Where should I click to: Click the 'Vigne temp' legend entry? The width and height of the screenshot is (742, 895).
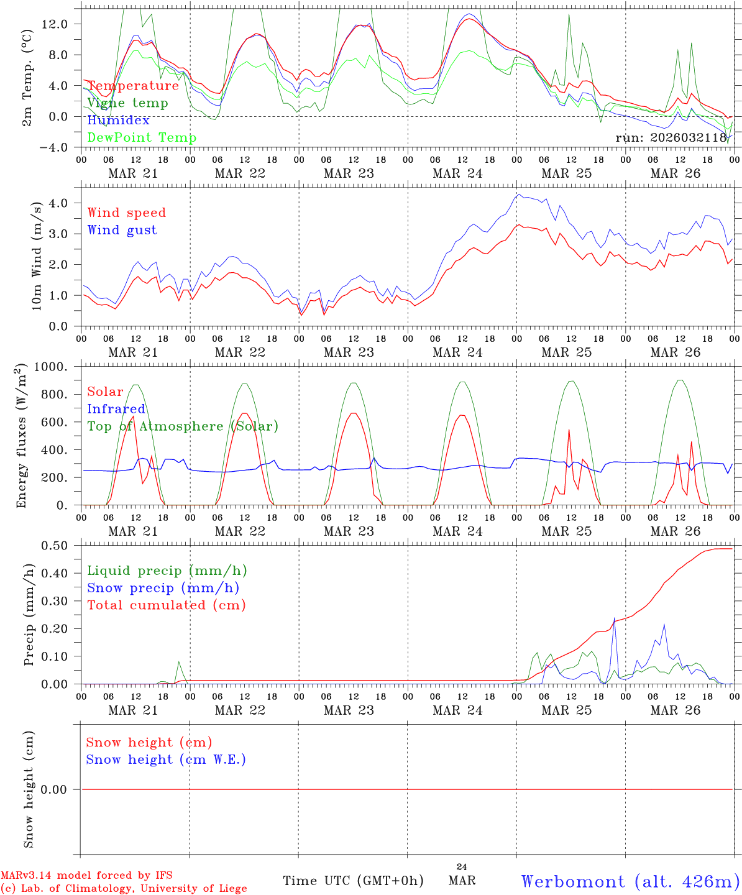tap(127, 103)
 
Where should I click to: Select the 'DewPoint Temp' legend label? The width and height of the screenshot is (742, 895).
tap(142, 138)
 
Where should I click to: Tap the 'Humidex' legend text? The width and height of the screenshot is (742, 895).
tap(118, 121)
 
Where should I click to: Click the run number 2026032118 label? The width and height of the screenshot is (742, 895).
tap(671, 138)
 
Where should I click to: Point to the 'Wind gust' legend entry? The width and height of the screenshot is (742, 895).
tap(122, 230)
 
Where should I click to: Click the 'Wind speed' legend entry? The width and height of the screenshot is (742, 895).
tap(127, 213)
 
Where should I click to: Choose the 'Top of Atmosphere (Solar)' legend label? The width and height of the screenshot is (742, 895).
tap(183, 426)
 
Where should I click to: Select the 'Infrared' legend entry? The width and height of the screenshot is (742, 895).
tap(116, 409)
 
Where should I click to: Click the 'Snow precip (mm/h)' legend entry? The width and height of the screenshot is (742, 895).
tap(163, 588)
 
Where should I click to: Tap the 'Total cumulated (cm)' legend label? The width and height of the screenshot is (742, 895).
tap(166, 605)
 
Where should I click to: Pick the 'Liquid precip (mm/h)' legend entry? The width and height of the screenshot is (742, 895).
tap(167, 571)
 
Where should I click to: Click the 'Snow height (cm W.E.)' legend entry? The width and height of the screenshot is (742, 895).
tap(166, 760)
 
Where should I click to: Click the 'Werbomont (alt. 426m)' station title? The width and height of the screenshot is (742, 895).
tap(630, 881)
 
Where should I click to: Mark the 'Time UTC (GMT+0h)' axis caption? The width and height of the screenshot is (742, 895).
tap(353, 881)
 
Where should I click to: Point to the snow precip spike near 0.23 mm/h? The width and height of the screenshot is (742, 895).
tap(614, 619)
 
